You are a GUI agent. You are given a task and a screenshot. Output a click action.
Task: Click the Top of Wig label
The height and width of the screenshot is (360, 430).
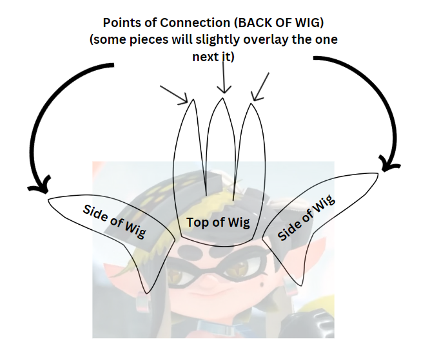pyautogui.click(x=217, y=223)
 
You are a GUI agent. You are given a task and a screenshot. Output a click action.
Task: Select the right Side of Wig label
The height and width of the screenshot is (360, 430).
pyautogui.click(x=306, y=218)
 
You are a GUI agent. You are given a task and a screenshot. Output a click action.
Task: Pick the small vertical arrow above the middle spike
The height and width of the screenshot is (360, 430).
pyautogui.click(x=223, y=82)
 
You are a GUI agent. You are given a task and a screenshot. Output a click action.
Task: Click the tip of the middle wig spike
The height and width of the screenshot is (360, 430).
pyautogui.click(x=223, y=99)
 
